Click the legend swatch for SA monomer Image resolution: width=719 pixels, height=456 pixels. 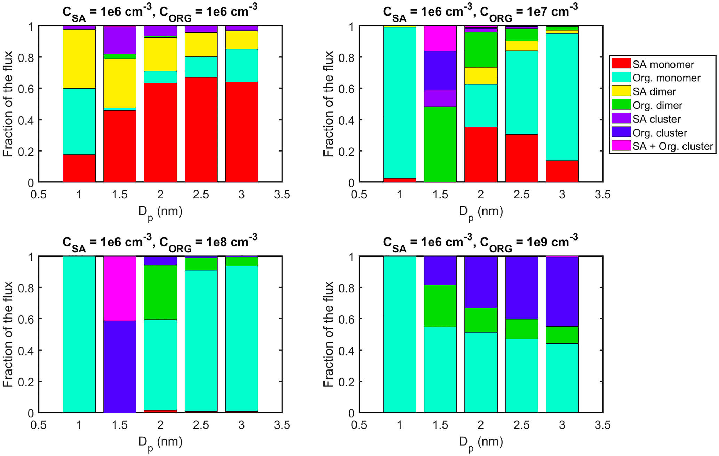tap(621, 64)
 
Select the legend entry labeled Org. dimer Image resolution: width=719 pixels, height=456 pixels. tap(657, 105)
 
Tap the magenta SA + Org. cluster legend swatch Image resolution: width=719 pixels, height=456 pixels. tap(621, 146)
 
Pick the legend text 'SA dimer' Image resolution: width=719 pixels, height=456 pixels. tap(654, 91)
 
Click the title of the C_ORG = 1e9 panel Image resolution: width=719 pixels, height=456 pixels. tap(480, 242)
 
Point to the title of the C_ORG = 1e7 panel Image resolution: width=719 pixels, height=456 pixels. tap(480, 12)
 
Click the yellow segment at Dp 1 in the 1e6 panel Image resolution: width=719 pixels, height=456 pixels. tap(79, 59)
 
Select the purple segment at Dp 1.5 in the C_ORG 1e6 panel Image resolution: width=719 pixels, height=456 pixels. tap(120, 40)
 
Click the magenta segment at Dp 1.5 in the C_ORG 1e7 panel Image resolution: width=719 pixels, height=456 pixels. tap(440, 38)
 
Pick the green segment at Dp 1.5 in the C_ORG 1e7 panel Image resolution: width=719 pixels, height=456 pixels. tap(440, 144)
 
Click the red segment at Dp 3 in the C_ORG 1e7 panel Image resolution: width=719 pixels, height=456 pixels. tap(562, 171)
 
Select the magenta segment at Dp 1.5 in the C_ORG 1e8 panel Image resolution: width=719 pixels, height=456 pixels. tap(120, 288)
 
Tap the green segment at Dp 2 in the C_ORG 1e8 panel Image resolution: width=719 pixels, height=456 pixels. tap(160, 292)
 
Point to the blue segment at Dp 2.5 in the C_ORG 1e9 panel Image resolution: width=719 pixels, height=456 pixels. tap(521, 287)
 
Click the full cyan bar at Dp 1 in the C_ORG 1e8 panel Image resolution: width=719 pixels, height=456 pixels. tap(79, 334)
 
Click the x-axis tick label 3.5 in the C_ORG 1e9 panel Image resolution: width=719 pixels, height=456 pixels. tap(602, 425)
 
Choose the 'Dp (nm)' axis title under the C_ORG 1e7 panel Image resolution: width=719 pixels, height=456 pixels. tap(480, 212)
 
